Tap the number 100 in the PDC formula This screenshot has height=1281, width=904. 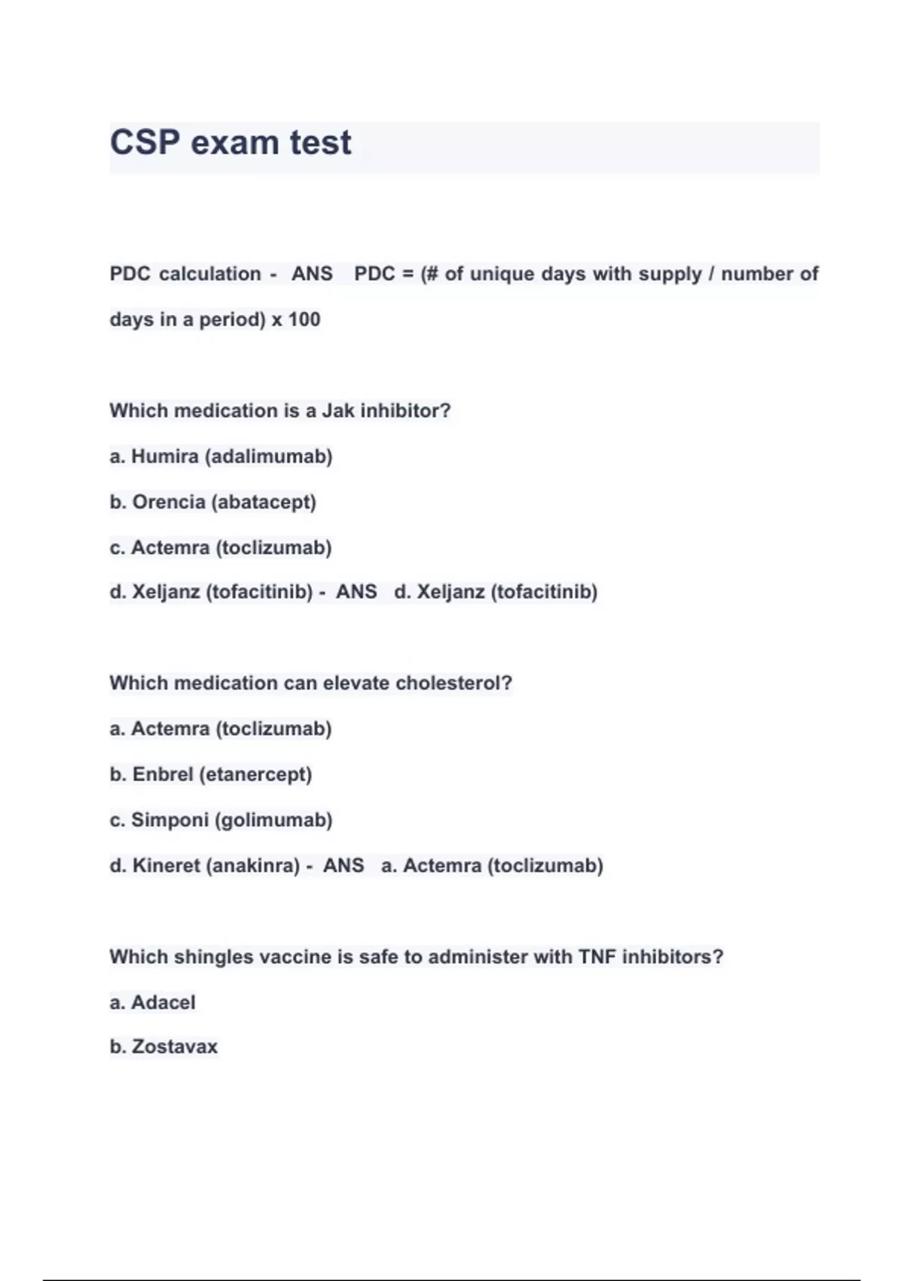pyautogui.click(x=304, y=319)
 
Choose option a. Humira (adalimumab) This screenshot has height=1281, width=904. pyautogui.click(x=221, y=457)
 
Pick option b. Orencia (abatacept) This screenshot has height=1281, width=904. pyautogui.click(x=212, y=502)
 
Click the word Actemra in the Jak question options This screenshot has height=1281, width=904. pyautogui.click(x=170, y=548)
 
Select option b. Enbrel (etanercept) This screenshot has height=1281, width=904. pyautogui.click(x=210, y=775)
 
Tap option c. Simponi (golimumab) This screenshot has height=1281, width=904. pyautogui.click(x=221, y=820)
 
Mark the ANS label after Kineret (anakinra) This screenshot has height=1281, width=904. pyautogui.click(x=344, y=866)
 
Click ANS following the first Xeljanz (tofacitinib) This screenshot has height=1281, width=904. pyautogui.click(x=356, y=592)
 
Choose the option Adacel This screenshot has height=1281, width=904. pyautogui.click(x=163, y=1003)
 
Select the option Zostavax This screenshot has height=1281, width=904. pyautogui.click(x=174, y=1047)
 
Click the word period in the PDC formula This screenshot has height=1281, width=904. pyautogui.click(x=232, y=319)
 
